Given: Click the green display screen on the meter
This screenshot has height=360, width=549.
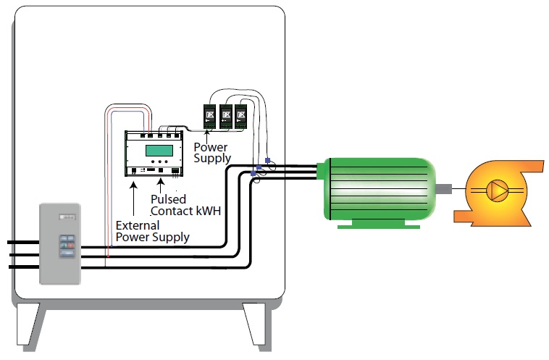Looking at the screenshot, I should coord(159,150).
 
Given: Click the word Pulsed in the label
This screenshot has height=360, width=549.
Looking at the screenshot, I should coord(168,198).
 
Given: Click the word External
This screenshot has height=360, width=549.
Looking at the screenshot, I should coord(138,225).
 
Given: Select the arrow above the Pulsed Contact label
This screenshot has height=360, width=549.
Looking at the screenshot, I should coord(157,183).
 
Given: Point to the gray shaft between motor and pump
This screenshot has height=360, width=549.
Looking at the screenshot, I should coord(445,191).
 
